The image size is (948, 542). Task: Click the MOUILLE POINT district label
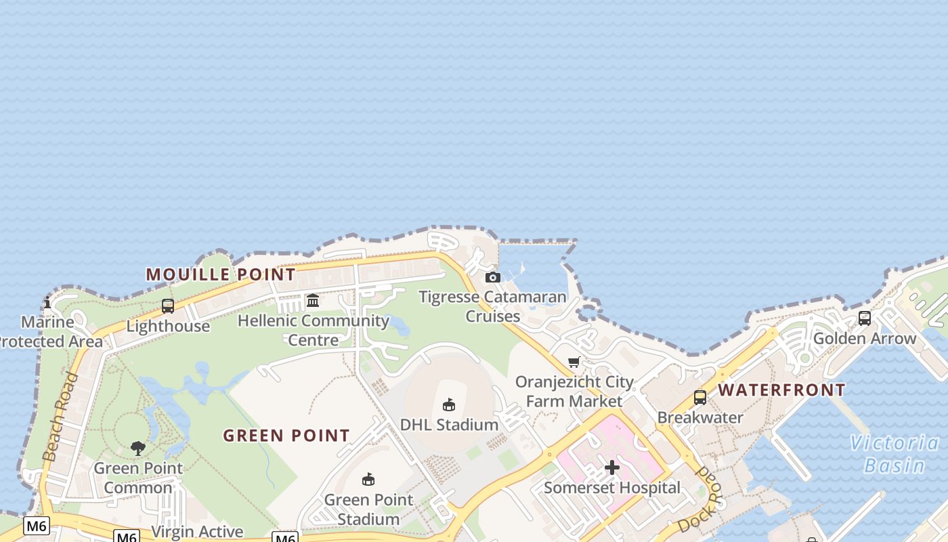coord(221,274)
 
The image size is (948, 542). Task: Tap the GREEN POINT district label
coord(286,436)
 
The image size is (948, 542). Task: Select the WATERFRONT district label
coord(781,390)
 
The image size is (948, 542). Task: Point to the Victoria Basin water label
coord(895,454)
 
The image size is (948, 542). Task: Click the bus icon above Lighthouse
coord(168,306)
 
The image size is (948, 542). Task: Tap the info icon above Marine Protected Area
coord(47,302)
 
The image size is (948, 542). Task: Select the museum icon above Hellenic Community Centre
coord(313,300)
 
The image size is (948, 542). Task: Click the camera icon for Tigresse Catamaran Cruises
coord(493,277)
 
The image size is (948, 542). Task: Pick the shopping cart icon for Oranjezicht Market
coord(574,362)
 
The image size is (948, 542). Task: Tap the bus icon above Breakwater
coord(700,398)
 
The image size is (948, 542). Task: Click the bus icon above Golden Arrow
coord(865,318)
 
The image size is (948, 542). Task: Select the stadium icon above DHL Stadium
coord(448,404)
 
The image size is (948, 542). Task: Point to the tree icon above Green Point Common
coord(138,448)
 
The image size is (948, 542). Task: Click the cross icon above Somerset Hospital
coord(612,467)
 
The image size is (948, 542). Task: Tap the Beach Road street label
coord(61,417)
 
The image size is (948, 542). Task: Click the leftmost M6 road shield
coord(37,525)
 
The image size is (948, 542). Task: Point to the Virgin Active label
coord(197,532)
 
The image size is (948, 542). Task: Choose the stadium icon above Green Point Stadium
coord(368,480)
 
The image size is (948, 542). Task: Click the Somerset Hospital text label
coord(612,488)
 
